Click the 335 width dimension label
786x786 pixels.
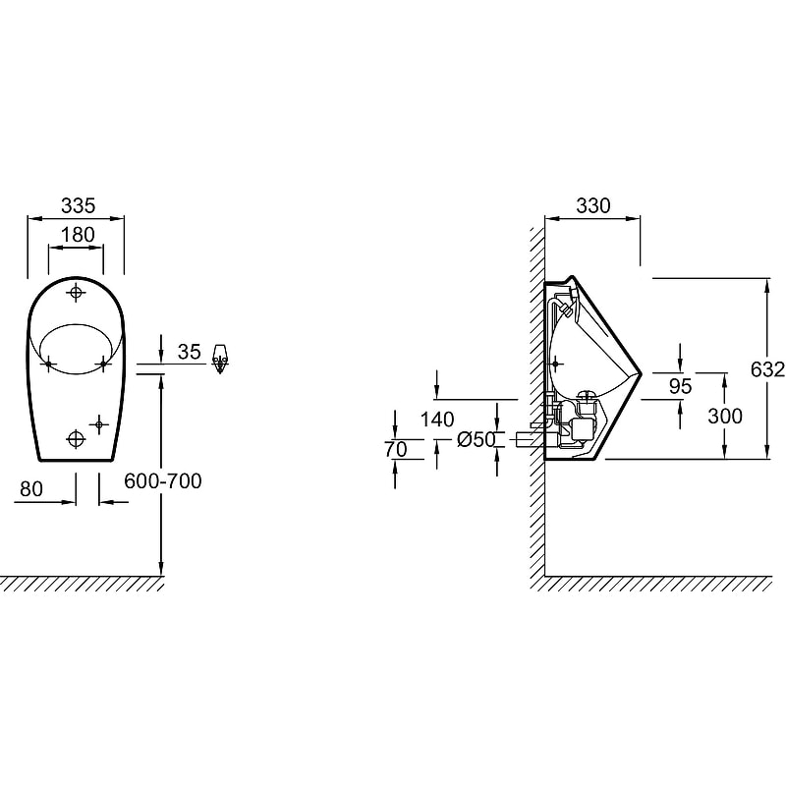pyautogui.click(x=78, y=205)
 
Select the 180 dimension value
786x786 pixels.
pyautogui.click(x=78, y=235)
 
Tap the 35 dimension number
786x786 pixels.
pyautogui.click(x=190, y=352)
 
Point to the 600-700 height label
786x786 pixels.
pyautogui.click(x=163, y=481)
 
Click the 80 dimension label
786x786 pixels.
pyautogui.click(x=31, y=488)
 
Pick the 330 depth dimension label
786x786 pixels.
pyautogui.click(x=593, y=205)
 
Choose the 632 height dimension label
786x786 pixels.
pyautogui.click(x=767, y=369)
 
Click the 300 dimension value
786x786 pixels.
pyautogui.click(x=725, y=416)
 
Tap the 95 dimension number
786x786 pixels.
pyautogui.click(x=681, y=386)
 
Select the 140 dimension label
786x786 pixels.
pyautogui.click(x=437, y=420)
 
